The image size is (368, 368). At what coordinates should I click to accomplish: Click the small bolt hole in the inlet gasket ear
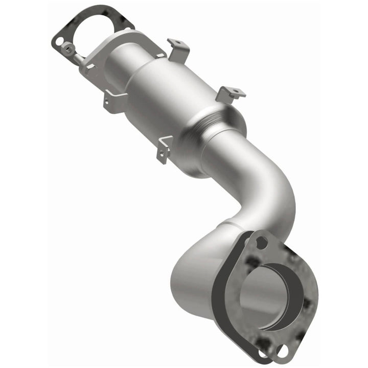(x=60, y=39)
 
